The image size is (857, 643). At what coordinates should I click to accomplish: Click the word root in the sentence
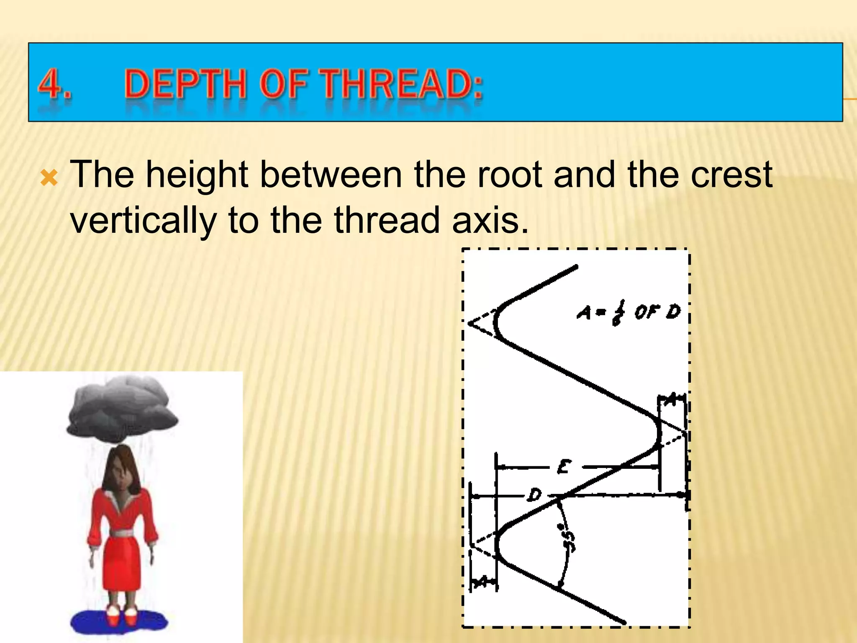[x=510, y=175]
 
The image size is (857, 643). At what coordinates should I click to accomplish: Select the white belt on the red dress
[x=122, y=533]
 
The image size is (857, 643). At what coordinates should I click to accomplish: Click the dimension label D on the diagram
[x=534, y=495]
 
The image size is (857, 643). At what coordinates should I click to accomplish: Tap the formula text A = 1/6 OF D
[x=629, y=312]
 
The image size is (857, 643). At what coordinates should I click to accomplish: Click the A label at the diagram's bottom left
[x=482, y=581]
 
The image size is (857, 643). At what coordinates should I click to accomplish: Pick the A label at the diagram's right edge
[x=671, y=400]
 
